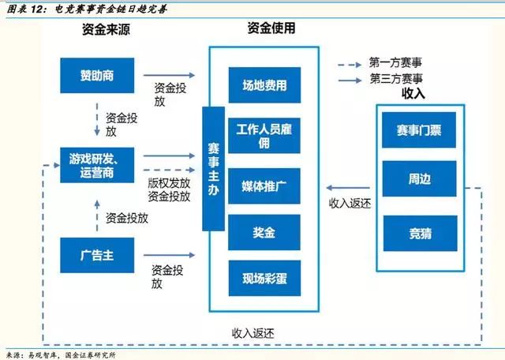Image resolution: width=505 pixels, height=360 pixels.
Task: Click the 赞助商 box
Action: tap(97, 76)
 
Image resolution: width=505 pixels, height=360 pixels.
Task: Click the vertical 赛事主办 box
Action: tap(213, 170)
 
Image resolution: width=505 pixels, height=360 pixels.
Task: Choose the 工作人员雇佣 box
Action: tap(264, 134)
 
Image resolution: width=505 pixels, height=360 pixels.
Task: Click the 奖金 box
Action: tap(264, 233)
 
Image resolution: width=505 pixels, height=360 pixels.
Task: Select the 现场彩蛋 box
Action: tap(264, 278)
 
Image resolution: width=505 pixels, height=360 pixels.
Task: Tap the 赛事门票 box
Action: tap(419, 130)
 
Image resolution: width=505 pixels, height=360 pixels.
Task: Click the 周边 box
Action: tap(419, 179)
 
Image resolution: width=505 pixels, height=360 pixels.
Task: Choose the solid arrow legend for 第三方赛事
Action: tap(350, 79)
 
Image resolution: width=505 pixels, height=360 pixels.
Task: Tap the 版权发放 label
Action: tap(169, 182)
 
